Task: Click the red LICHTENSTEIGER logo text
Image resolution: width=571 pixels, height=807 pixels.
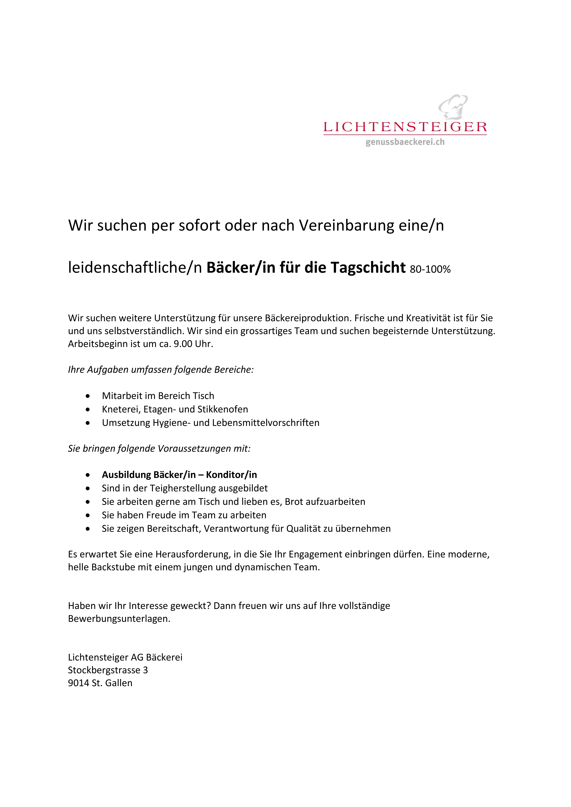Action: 405,127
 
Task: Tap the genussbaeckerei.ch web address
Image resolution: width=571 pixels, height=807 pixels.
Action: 405,142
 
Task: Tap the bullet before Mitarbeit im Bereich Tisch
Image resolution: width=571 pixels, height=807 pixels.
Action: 88,396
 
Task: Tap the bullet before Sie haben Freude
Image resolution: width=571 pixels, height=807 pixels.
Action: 88,516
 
